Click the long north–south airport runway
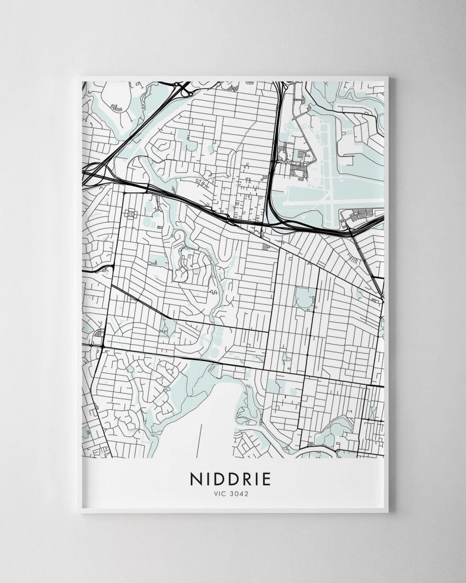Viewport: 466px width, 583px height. [329, 175]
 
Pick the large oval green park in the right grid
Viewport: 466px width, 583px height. [303, 298]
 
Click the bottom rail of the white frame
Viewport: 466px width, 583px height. [233, 510]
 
